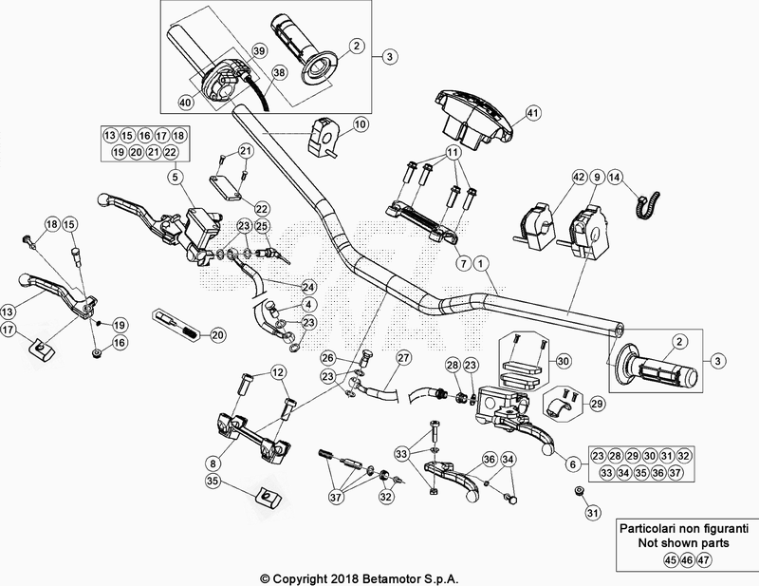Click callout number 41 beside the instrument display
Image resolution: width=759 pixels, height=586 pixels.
click(532, 113)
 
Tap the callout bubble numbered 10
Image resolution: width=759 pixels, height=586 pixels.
click(361, 124)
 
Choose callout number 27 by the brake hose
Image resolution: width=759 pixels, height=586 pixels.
click(404, 358)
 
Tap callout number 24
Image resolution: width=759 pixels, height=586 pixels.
click(307, 286)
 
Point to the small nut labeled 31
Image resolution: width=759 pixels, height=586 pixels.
click(578, 491)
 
